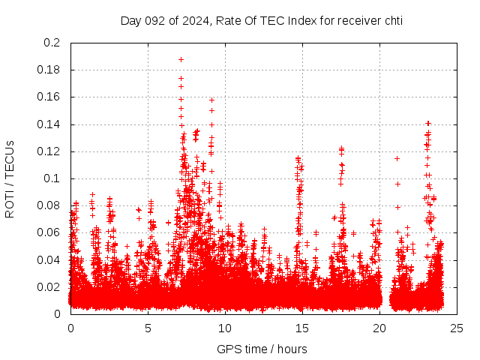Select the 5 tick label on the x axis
point(148,328)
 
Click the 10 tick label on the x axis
point(225,328)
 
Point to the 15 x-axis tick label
point(302,328)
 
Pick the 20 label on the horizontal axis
point(379,328)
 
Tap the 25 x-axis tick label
point(457,328)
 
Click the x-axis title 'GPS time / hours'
point(262,349)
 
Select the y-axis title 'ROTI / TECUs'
point(10,178)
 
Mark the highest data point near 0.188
point(181,59)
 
